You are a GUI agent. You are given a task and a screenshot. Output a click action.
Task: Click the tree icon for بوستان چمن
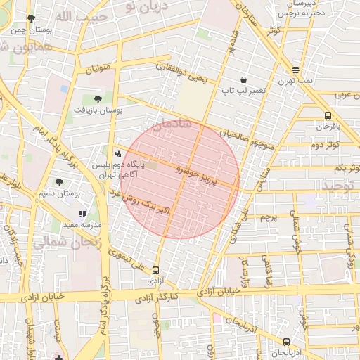(x=30, y=18)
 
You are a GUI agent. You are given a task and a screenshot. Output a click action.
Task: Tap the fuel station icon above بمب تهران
(x=295, y=70)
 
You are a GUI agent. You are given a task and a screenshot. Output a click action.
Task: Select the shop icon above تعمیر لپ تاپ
(x=243, y=80)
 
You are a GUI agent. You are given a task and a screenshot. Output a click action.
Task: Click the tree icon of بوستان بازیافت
(x=97, y=99)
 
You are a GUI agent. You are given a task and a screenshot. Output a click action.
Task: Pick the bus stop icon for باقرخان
(x=328, y=115)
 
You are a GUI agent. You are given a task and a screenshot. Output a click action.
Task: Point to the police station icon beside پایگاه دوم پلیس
(x=117, y=151)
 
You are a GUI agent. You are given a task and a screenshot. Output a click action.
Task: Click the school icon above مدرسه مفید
(x=82, y=213)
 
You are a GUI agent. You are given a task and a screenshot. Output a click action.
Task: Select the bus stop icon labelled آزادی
(x=155, y=269)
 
